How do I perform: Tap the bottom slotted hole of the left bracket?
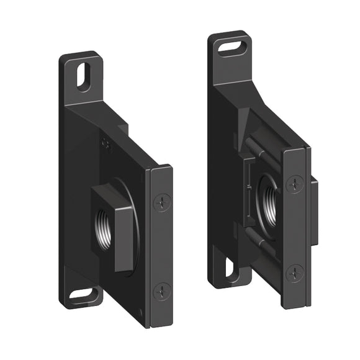tap(81, 295)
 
